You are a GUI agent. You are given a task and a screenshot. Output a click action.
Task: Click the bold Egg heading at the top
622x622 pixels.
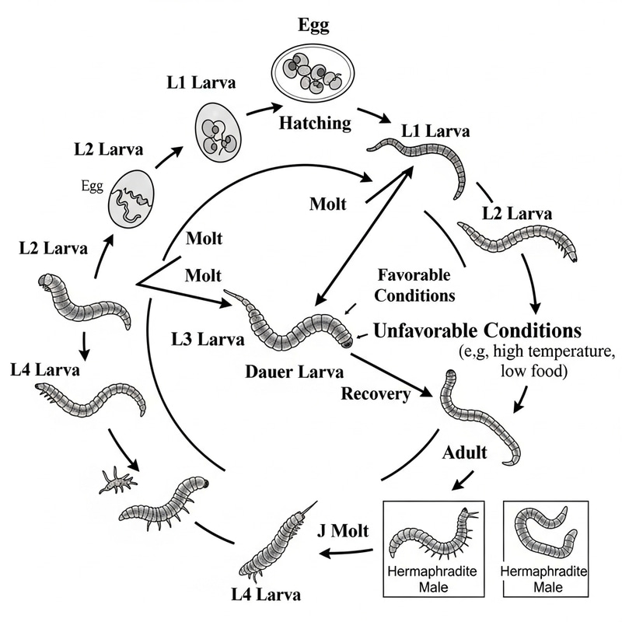(x=314, y=25)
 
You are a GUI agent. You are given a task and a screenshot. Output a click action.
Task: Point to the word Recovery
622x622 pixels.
(x=376, y=393)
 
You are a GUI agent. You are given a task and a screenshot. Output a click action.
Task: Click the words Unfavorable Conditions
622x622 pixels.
(x=477, y=329)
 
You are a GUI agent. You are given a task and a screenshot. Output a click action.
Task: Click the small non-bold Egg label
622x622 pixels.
(x=93, y=187)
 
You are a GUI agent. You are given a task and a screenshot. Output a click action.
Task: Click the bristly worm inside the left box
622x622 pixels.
(x=432, y=536)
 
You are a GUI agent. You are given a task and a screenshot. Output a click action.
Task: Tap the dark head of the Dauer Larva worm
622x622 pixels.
(x=344, y=339)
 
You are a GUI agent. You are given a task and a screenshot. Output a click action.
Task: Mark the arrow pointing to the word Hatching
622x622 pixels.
(x=263, y=110)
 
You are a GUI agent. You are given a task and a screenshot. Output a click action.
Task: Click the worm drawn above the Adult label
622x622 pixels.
(x=480, y=417)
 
